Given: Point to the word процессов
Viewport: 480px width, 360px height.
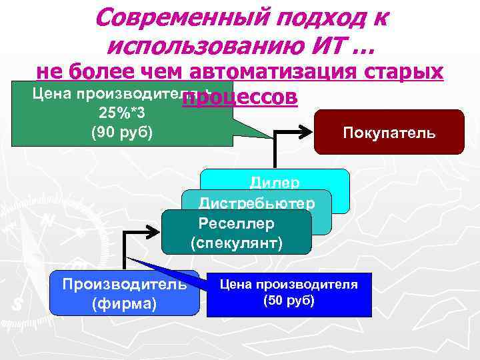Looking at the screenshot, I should pos(239,98).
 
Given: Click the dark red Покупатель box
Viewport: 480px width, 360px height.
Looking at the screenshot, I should pos(389,133).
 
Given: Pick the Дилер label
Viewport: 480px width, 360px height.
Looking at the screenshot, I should pos(275,181).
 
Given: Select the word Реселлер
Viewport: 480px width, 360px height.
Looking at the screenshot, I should pos(236,222).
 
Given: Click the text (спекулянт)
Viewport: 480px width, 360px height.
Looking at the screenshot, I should pos(236,242).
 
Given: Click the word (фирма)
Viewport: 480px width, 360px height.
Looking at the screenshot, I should pos(124,304).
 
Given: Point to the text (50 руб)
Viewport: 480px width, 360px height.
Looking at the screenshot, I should pos(289,300).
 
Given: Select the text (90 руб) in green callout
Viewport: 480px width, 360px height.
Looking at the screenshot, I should pos(121,132).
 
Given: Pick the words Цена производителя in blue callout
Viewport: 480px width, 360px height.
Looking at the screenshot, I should pos(289,285).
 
